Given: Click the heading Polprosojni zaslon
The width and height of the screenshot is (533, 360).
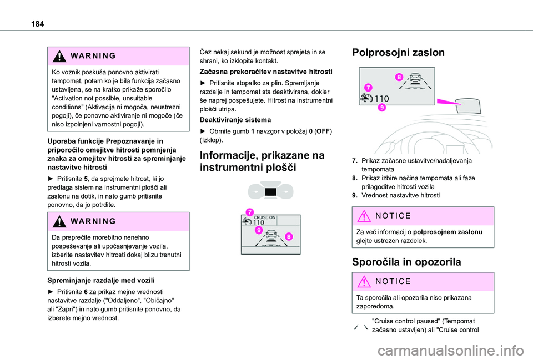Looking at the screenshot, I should [x=399, y=53].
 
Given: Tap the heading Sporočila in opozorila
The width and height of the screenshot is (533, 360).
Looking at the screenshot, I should [x=406, y=262].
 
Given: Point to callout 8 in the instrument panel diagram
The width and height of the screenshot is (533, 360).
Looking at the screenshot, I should [x=289, y=236].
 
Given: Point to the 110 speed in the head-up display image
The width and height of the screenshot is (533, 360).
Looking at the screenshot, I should [x=381, y=98].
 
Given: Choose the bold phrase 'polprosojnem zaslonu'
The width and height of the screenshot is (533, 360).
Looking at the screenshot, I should [x=449, y=231].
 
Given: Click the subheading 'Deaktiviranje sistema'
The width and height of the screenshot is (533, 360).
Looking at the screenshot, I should [x=236, y=119].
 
